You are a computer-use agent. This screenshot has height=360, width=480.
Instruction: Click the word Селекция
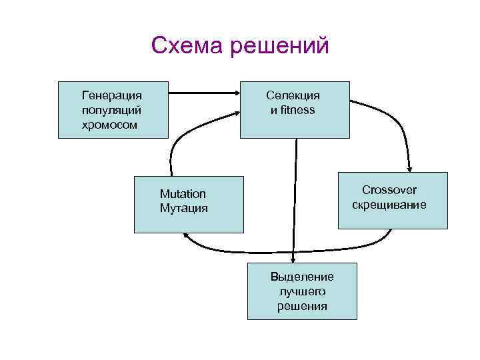point(293,95)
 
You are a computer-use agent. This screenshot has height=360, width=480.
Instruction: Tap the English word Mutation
point(183,194)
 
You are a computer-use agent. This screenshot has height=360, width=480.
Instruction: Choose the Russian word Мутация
point(183,208)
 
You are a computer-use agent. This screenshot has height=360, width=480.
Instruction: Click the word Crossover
point(389,191)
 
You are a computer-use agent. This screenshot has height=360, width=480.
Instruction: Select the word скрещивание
point(389,205)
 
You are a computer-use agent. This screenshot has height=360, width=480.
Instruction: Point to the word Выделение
point(302,277)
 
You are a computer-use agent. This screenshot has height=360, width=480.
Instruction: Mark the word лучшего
point(302,291)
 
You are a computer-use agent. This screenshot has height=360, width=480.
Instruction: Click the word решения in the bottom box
point(302,306)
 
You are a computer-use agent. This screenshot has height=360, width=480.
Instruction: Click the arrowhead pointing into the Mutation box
point(187,235)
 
